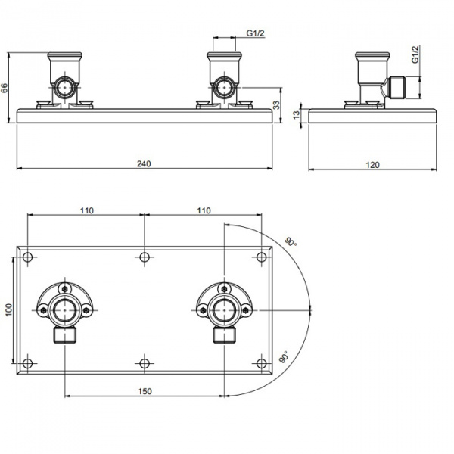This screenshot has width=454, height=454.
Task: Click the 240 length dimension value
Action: tap(144, 164)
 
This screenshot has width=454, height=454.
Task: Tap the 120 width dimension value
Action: tap(372, 165)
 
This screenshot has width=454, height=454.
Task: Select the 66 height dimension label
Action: tap(5, 88)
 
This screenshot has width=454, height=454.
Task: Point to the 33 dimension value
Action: tap(276, 105)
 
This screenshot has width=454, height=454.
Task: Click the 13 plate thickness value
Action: tap(296, 115)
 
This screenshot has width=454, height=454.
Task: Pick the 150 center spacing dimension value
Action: tap(145, 391)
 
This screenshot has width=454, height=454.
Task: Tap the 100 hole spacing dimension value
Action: tap(8, 309)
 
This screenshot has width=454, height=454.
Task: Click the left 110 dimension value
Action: tap(87, 210)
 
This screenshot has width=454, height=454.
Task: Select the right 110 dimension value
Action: tap(204, 210)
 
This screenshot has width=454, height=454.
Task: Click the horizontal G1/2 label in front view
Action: tap(256, 33)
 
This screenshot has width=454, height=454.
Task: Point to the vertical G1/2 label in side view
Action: tap(415, 54)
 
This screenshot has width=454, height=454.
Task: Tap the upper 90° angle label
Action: tap(291, 241)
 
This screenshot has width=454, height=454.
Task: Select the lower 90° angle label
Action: tap(285, 356)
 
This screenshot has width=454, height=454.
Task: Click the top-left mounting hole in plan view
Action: tap(27, 257)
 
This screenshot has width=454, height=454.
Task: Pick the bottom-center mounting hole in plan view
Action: tap(145, 363)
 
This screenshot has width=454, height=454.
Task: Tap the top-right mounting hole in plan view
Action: tap(262, 257)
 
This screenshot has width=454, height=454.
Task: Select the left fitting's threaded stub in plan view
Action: tap(65, 335)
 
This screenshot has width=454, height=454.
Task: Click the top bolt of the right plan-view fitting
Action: tap(224, 289)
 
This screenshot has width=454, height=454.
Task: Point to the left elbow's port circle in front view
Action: tap(65, 87)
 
